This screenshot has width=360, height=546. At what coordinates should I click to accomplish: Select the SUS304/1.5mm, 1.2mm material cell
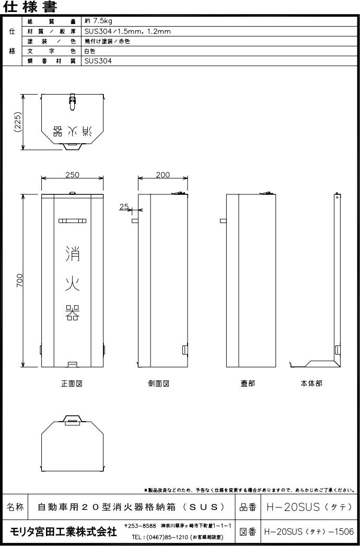point(127,31)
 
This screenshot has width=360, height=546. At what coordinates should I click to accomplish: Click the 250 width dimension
point(73,175)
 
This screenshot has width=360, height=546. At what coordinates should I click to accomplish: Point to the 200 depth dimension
point(163,175)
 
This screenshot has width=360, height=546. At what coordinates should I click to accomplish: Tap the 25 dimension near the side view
point(124,206)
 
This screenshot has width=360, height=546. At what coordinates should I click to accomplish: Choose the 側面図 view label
point(159,384)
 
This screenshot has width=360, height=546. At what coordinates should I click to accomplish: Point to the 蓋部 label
point(248,384)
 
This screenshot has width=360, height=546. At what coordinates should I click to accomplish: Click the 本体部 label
point(311,384)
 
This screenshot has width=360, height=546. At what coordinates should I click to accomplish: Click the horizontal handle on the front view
point(73,221)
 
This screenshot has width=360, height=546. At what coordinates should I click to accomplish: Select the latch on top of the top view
point(73,102)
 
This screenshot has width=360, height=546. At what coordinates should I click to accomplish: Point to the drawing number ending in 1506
point(309,532)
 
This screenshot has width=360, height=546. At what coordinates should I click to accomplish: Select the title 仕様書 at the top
point(30,7)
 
